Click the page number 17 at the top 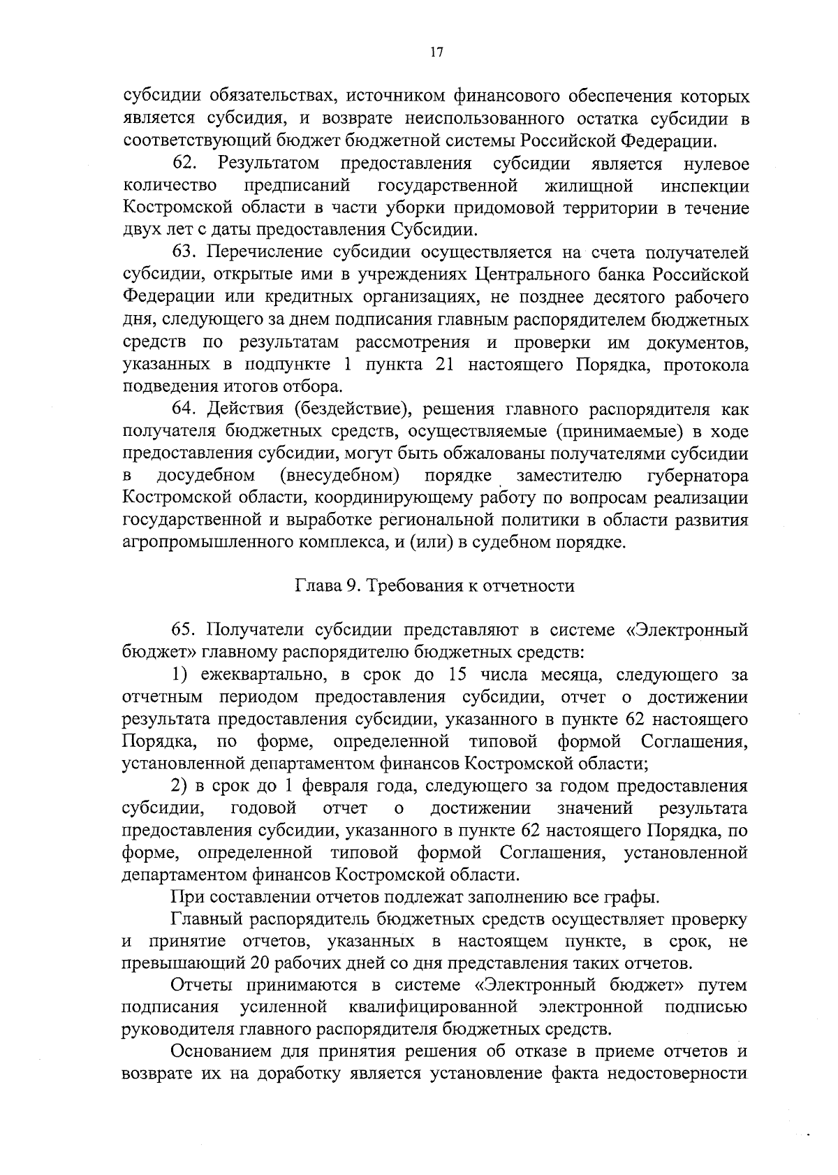pyautogui.click(x=437, y=53)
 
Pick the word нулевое pyautogui.click(x=716, y=164)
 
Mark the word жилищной pyautogui.click(x=588, y=187)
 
